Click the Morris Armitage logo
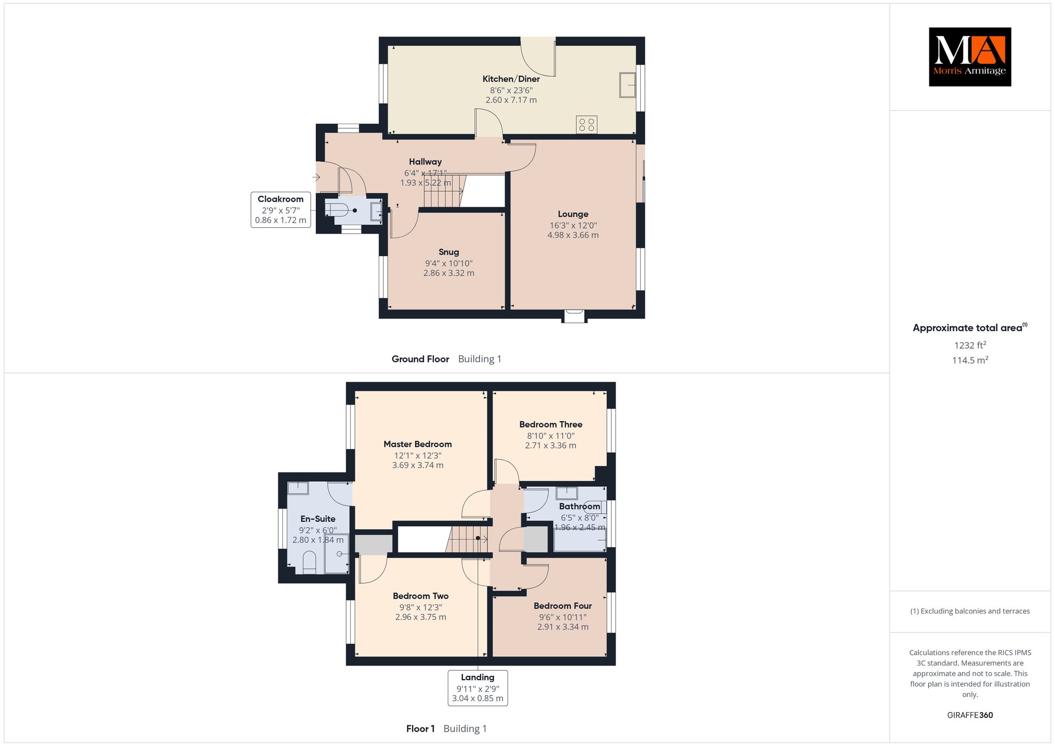pyautogui.click(x=969, y=57)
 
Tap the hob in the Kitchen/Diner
pyautogui.click(x=586, y=124)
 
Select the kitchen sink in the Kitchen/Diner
pyautogui.click(x=627, y=84)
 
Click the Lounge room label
pyautogui.click(x=573, y=214)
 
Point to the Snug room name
pyautogui.click(x=449, y=252)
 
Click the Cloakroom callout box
pyautogui.click(x=281, y=210)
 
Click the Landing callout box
pyautogui.click(x=478, y=688)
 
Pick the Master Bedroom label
pyautogui.click(x=418, y=444)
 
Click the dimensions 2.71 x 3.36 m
pyautogui.click(x=551, y=445)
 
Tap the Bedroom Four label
pyautogui.click(x=563, y=606)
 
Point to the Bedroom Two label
pyautogui.click(x=420, y=596)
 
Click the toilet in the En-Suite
pyautogui.click(x=309, y=563)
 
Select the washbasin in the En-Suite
pyautogui.click(x=298, y=488)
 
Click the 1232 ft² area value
pyautogui.click(x=970, y=345)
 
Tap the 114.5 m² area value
pyautogui.click(x=970, y=360)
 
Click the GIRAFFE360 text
pyautogui.click(x=970, y=715)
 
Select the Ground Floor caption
pyautogui.click(x=420, y=359)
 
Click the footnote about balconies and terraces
pyautogui.click(x=970, y=611)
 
